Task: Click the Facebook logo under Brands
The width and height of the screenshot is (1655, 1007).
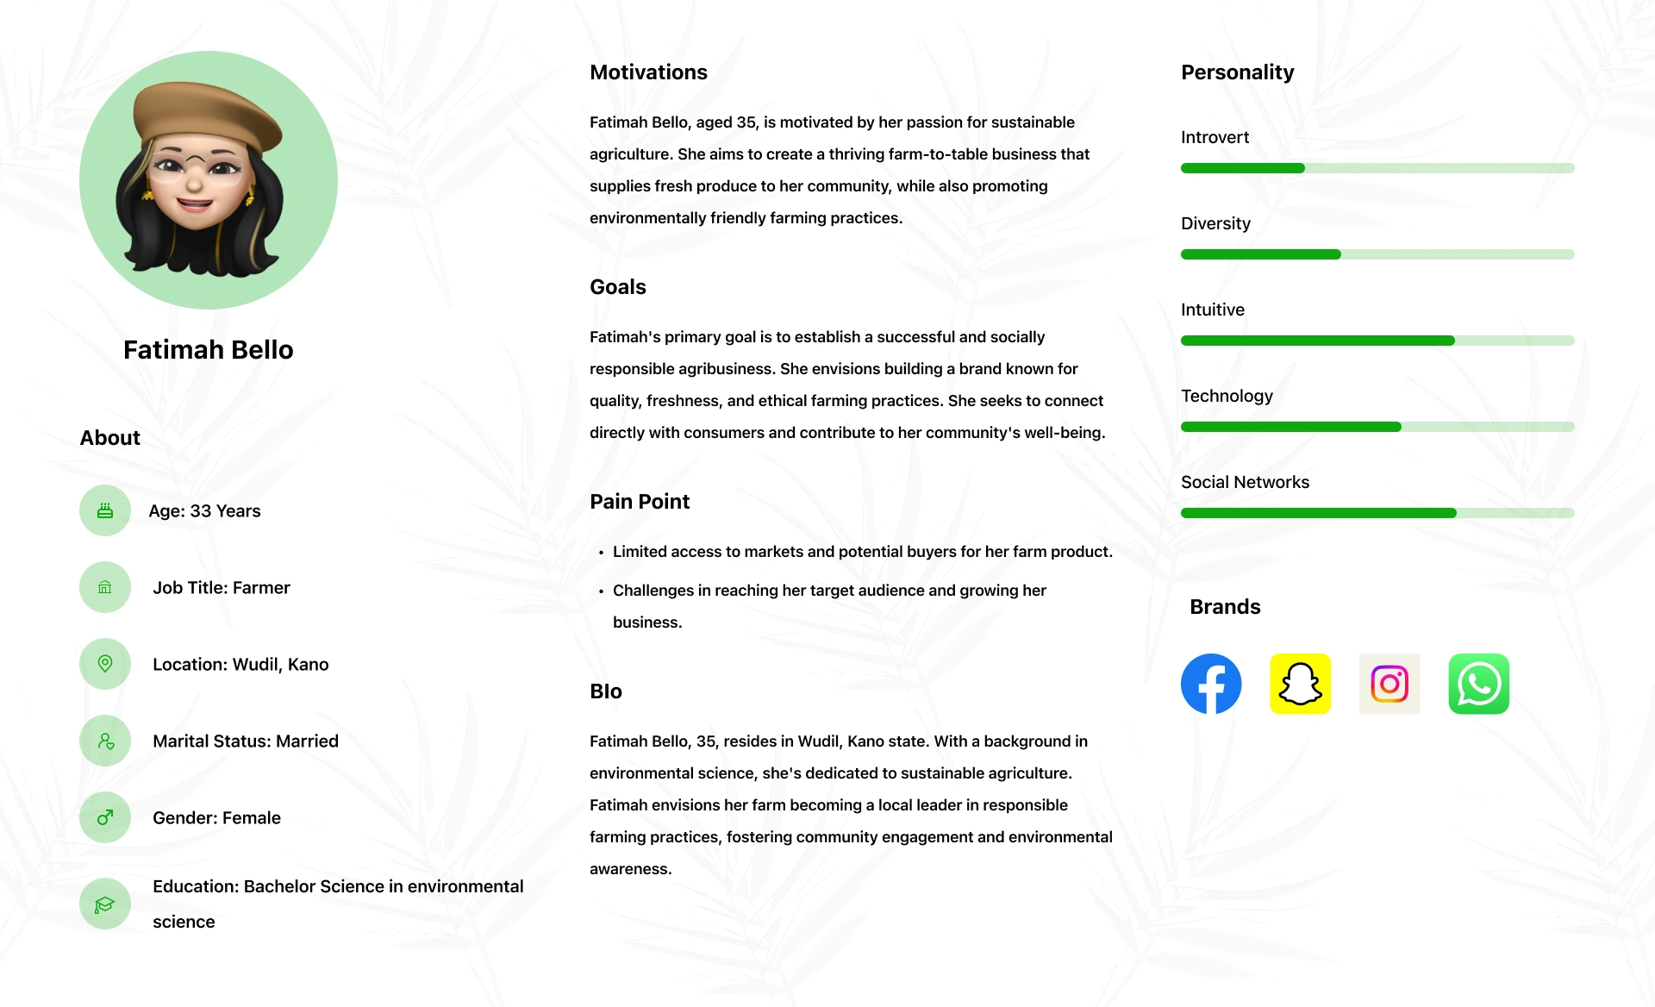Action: [x=1211, y=684]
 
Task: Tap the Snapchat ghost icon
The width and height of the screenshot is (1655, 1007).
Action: [x=1300, y=684]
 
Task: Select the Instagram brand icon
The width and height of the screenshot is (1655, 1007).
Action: [x=1390, y=684]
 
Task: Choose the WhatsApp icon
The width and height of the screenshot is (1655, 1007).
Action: [x=1478, y=684]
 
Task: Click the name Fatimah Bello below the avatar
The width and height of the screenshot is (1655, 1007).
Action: [x=208, y=349]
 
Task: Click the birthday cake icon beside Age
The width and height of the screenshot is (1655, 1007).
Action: [x=105, y=510]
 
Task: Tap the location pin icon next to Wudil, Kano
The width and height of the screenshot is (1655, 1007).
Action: [x=105, y=664]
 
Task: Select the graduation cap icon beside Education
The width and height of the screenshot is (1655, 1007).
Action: [x=105, y=904]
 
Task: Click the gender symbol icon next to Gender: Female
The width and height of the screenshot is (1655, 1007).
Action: [x=105, y=817]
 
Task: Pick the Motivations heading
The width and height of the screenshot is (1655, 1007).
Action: [x=648, y=72]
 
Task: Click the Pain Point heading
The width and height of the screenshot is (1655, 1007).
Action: [x=640, y=502]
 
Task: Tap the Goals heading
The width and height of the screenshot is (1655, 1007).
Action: [x=617, y=287]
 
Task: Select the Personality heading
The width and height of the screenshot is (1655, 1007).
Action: [x=1237, y=72]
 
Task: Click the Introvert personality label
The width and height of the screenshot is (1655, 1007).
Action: [x=1215, y=137]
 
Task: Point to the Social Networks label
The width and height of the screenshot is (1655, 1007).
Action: [x=1245, y=482]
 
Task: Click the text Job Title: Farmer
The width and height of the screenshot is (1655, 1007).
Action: [x=222, y=587]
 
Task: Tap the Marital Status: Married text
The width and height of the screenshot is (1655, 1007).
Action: [x=246, y=741]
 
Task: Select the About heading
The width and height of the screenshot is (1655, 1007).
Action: [x=109, y=438]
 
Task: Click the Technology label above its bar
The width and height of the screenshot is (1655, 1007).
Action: [x=1227, y=396]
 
